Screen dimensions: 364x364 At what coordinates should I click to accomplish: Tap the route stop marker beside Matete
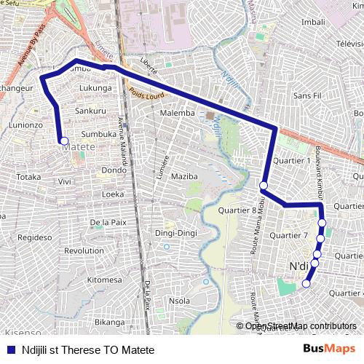tap(64, 141)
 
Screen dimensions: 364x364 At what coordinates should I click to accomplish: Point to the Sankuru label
tap(91, 111)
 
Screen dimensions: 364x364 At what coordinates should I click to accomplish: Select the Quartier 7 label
tap(289, 236)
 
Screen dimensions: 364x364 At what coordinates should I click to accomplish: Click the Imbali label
tap(313, 22)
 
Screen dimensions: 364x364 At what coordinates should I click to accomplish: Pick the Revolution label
tap(84, 250)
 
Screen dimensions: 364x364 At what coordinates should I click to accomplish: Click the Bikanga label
tap(110, 322)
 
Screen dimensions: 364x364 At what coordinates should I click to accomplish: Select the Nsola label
tap(179, 301)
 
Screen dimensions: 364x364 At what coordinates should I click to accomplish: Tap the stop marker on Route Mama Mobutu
tap(264, 186)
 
